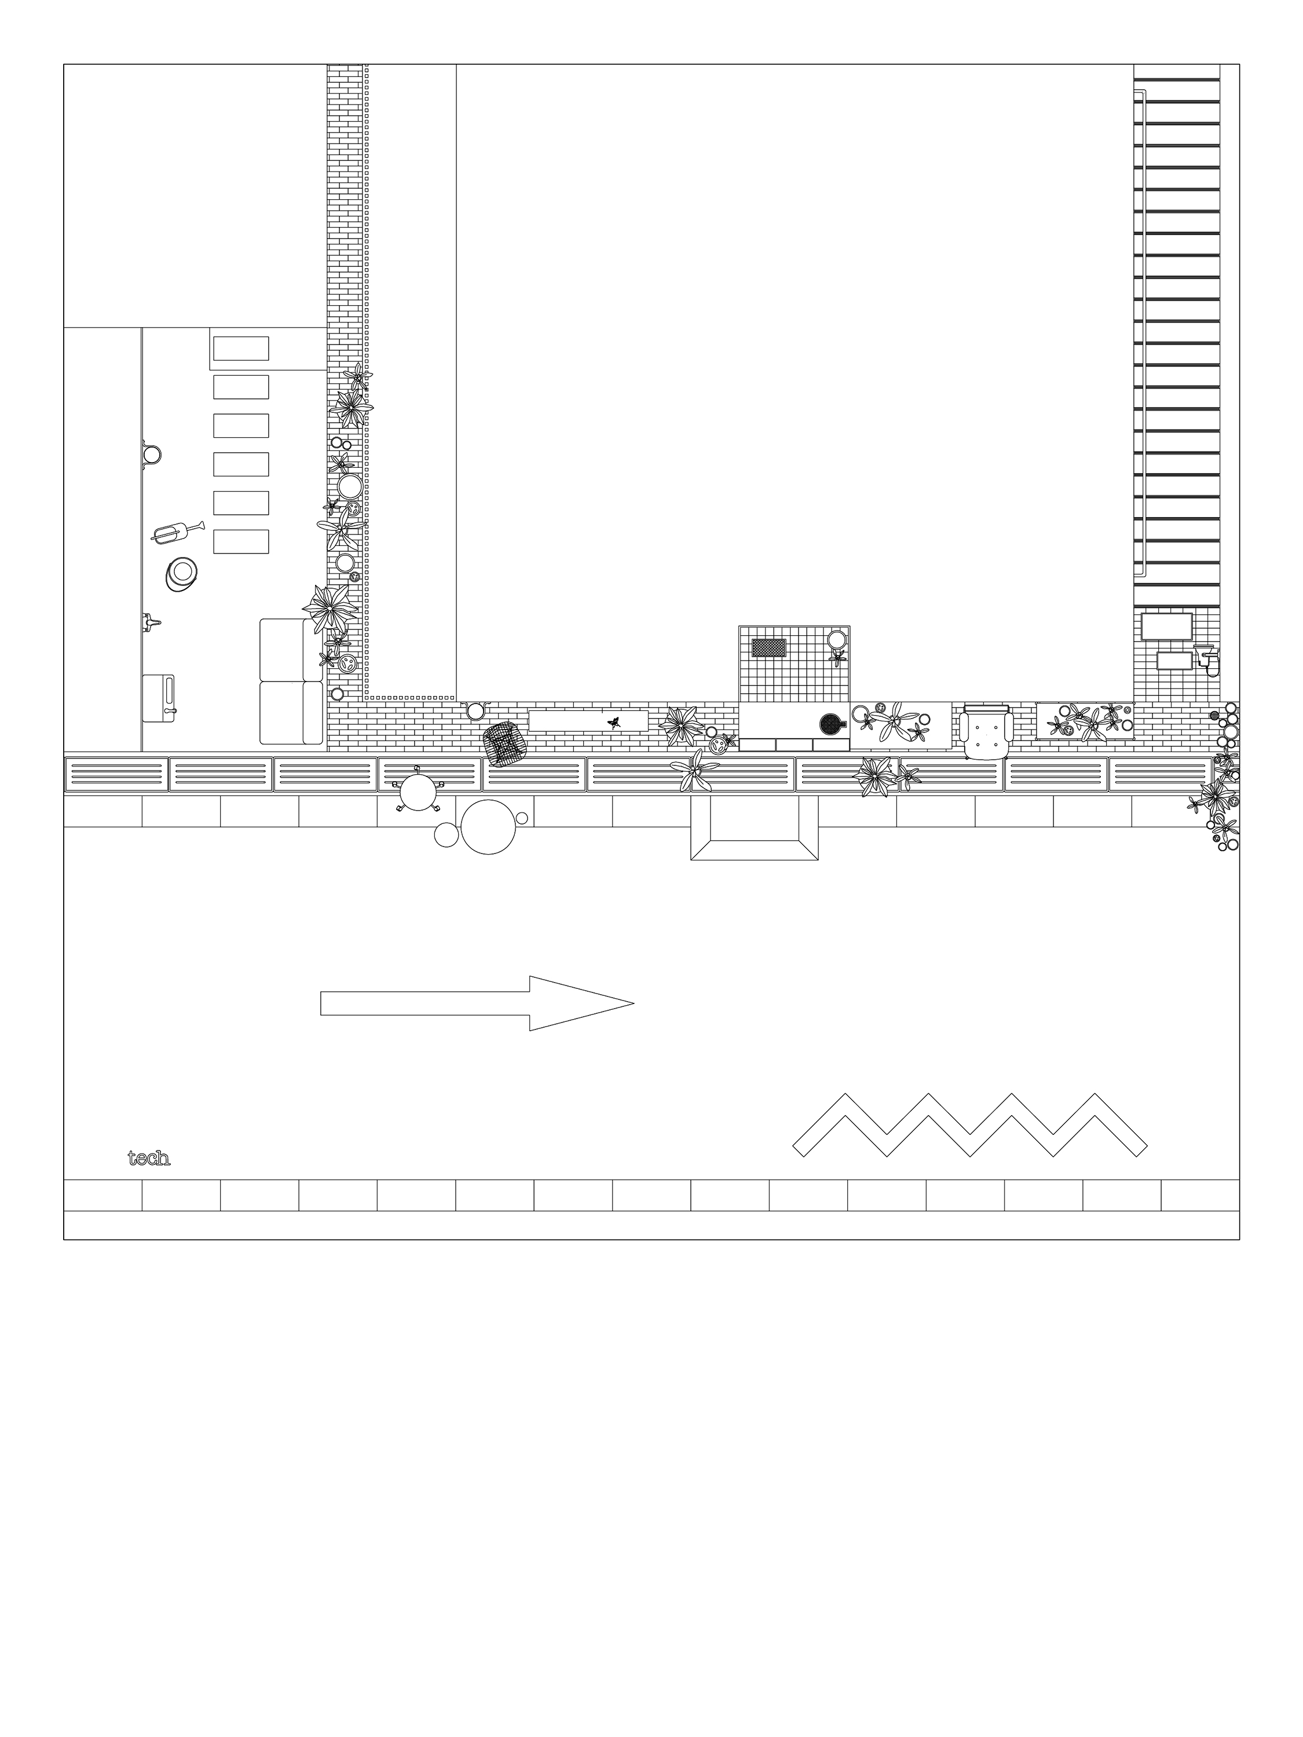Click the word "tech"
[x=148, y=1158]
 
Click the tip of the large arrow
[x=633, y=1003]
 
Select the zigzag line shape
[x=969, y=1124]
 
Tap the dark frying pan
[x=831, y=723]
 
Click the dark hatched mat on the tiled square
[x=769, y=648]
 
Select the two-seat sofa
[x=291, y=681]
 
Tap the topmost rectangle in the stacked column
[x=241, y=349]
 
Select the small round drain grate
[x=1215, y=716]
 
